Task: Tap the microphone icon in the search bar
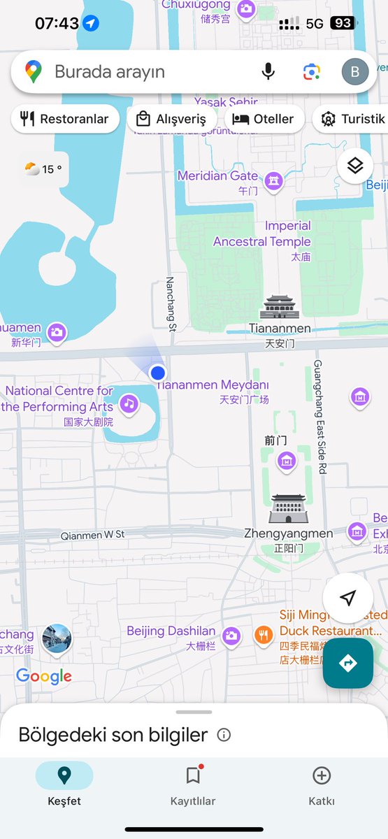coord(268,71)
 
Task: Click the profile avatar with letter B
coord(354,71)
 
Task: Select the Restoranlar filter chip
coord(65,119)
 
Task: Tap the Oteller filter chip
coord(264,119)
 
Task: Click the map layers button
coord(355,166)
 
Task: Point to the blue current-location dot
coord(158,373)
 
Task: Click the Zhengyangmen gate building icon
coord(288,508)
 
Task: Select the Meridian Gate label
coord(217,176)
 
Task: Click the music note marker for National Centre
coord(128,403)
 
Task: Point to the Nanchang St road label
coord(170,303)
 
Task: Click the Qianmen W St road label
coord(92,534)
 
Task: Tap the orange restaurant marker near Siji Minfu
coord(263,635)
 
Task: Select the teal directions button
coord(347,663)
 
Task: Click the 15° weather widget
coord(43,169)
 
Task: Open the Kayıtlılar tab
coord(193,785)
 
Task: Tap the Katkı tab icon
coord(322,775)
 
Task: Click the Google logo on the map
coord(44,675)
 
